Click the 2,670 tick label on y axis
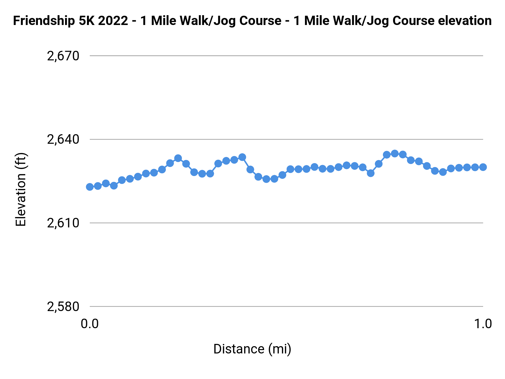(x=63, y=56)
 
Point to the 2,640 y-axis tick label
(x=63, y=140)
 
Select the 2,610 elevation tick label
(x=63, y=223)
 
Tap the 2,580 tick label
(x=63, y=307)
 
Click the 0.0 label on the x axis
(x=89, y=324)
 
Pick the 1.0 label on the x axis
(x=483, y=324)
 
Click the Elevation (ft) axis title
(x=21, y=189)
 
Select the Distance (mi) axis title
(x=252, y=349)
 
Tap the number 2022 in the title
(x=113, y=21)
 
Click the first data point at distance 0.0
(x=90, y=187)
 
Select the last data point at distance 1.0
(x=483, y=167)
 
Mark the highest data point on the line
(x=395, y=154)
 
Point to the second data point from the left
(x=98, y=186)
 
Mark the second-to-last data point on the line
(x=475, y=167)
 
